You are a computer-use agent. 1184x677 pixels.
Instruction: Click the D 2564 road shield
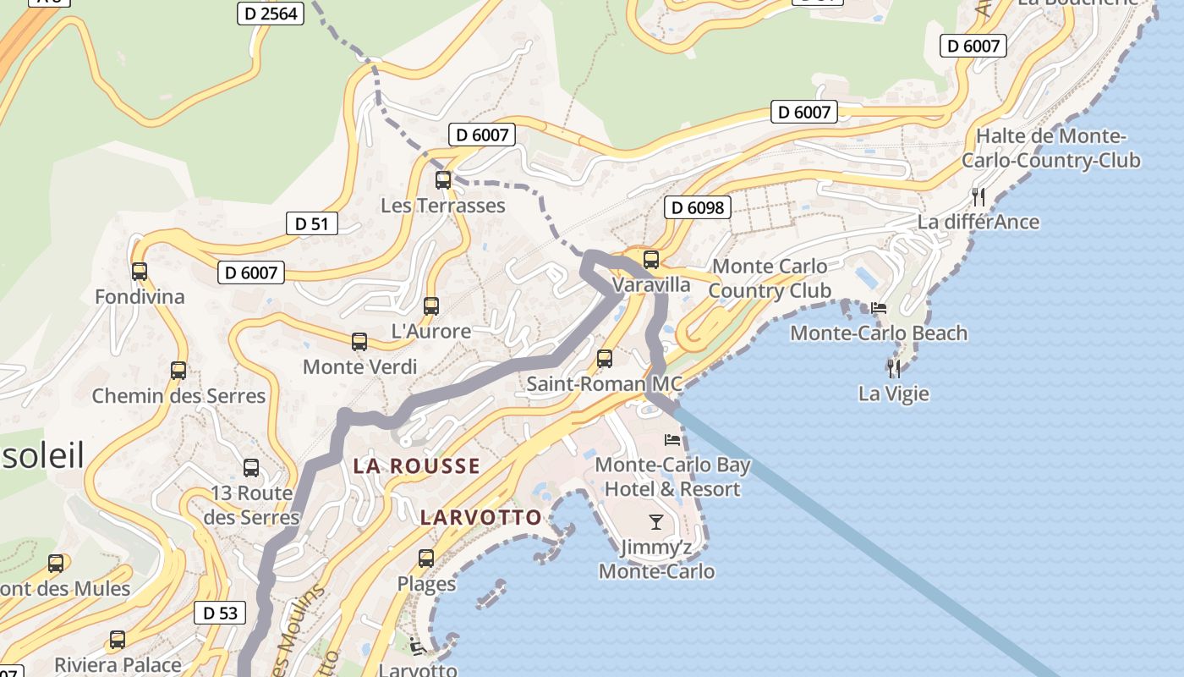[270, 13]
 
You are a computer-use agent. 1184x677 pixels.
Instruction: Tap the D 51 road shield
[311, 223]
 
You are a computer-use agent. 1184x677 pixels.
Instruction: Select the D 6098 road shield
[697, 207]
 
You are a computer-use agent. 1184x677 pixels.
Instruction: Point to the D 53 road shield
[220, 613]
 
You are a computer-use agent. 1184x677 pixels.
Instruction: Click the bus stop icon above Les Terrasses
[443, 179]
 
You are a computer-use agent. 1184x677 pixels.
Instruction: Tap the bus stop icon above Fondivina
[140, 272]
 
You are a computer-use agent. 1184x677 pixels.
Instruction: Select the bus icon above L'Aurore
[431, 305]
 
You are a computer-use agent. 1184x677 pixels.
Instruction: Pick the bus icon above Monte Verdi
[359, 342]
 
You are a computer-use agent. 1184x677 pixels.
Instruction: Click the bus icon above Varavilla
[651, 260]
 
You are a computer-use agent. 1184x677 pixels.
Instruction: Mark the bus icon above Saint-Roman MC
[605, 358]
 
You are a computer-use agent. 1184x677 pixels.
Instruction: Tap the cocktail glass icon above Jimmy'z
[656, 521]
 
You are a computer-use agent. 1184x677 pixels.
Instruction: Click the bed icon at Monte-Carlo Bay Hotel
[672, 439]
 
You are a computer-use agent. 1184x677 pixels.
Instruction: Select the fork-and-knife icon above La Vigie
[894, 368]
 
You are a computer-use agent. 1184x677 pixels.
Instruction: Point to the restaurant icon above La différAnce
[978, 196]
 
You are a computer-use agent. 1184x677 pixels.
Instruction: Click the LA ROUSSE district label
[416, 465]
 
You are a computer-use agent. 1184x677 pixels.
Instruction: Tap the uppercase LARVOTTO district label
[480, 517]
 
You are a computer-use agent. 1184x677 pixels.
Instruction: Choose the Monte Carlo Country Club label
[769, 278]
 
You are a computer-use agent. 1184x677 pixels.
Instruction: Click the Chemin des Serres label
[178, 395]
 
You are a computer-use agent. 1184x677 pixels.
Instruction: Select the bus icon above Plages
[426, 559]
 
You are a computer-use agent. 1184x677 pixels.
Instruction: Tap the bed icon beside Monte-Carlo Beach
[879, 308]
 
